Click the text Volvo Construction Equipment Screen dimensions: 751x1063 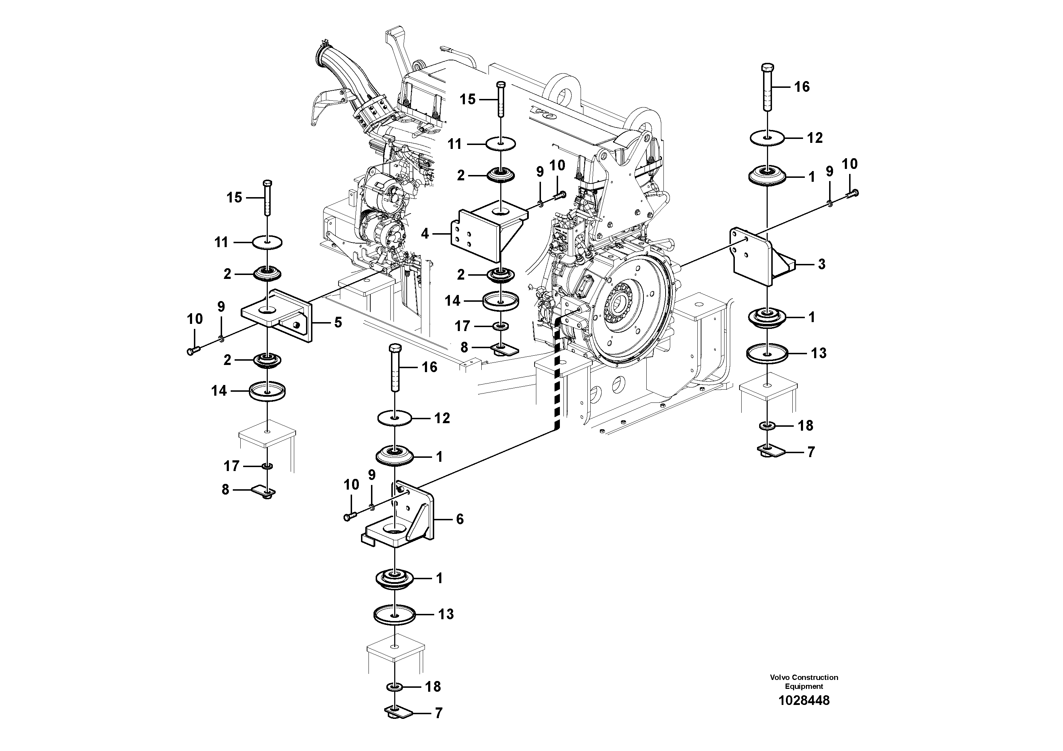pyautogui.click(x=804, y=682)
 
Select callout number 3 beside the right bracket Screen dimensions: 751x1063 pyautogui.click(x=821, y=264)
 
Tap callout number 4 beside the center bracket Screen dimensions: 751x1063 pyautogui.click(x=425, y=234)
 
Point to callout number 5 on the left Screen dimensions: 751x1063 pyautogui.click(x=338, y=322)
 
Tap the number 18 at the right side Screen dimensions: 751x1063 pyautogui.click(x=806, y=426)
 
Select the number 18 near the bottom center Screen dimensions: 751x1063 pyautogui.click(x=432, y=687)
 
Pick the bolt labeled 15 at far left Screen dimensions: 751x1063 pyautogui.click(x=267, y=198)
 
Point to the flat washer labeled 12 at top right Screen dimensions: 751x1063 pyautogui.click(x=767, y=137)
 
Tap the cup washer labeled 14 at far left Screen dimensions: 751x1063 pyautogui.click(x=267, y=391)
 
